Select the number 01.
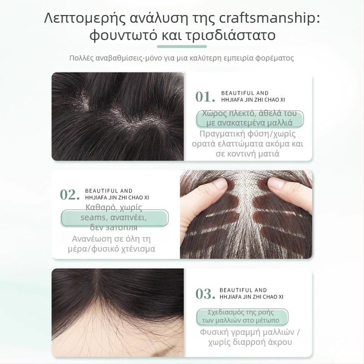point(205,97)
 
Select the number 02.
point(70,195)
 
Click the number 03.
point(205,294)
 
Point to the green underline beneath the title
point(182,46)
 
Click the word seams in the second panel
point(93,218)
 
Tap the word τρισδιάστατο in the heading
point(233,35)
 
